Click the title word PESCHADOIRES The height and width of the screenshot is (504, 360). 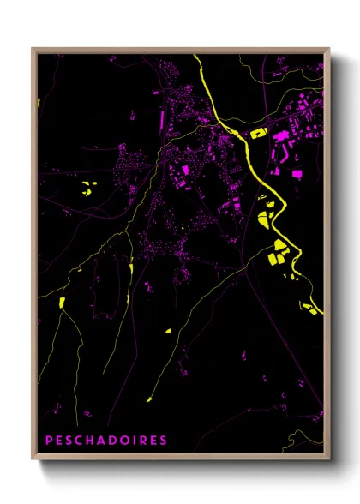pos(106,440)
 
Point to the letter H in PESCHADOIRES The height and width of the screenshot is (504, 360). pos(89,440)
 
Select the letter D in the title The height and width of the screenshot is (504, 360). pos(111,440)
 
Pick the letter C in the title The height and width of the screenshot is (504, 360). pos(79,440)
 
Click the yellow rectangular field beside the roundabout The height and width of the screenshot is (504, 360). pos(259,133)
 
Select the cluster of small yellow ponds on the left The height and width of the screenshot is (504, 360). pos(87,188)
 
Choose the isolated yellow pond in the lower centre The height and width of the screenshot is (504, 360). pos(168,330)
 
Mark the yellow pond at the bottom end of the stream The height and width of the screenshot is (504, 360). pos(148,398)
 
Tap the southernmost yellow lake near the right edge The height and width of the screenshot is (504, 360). pos(310,308)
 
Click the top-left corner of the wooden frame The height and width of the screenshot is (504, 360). pos(33,48)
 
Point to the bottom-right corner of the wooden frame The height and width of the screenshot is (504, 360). pos(329,460)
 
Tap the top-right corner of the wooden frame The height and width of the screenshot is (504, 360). pos(329,48)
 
